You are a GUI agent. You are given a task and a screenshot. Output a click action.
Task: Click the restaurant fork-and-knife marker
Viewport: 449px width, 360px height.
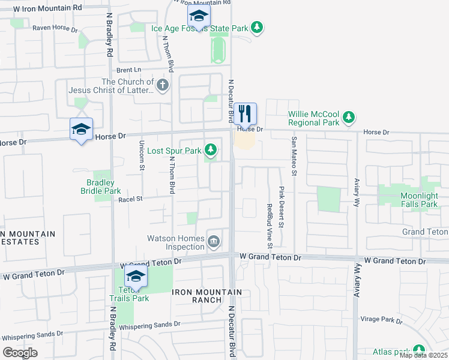tap(245, 113)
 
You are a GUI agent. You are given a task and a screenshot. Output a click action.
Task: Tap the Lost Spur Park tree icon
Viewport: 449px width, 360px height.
tap(210, 149)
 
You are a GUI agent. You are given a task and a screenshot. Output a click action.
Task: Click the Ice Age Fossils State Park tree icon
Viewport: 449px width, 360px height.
tap(257, 28)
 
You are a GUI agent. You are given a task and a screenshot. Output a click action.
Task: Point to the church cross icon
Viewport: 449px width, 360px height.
tap(162, 86)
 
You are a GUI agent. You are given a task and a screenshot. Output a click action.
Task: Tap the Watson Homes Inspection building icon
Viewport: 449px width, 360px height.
tap(214, 242)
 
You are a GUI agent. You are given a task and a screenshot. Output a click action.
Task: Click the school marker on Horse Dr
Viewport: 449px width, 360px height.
tap(81, 128)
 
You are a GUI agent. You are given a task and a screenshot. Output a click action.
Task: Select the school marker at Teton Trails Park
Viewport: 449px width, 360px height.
tap(136, 276)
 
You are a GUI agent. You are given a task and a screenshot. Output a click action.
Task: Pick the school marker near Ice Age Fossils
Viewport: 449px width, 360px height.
tap(198, 16)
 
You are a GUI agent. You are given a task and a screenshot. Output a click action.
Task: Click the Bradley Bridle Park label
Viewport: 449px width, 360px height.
tap(101, 187)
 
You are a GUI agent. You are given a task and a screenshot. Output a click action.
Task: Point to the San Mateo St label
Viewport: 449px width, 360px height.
tap(294, 155)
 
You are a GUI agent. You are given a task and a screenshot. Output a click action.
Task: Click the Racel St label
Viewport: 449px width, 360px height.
tap(130, 199)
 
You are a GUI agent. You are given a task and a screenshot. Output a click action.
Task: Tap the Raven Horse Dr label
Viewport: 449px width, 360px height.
tap(55, 28)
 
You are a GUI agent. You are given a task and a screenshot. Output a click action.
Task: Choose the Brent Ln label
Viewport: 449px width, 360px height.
tap(120, 70)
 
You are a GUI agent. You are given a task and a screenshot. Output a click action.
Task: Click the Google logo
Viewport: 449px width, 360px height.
tap(20, 353)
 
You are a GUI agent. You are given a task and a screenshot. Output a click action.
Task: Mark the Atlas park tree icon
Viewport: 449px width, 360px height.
tap(418, 350)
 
